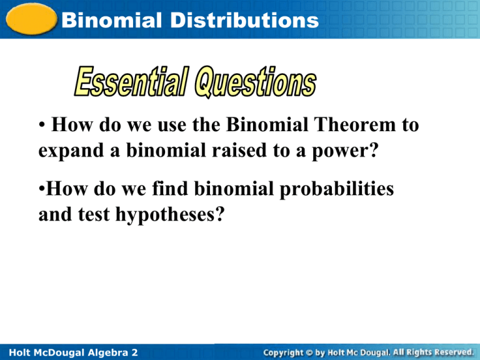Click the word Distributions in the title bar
[x=250, y=21]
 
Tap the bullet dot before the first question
[x=41, y=126]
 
